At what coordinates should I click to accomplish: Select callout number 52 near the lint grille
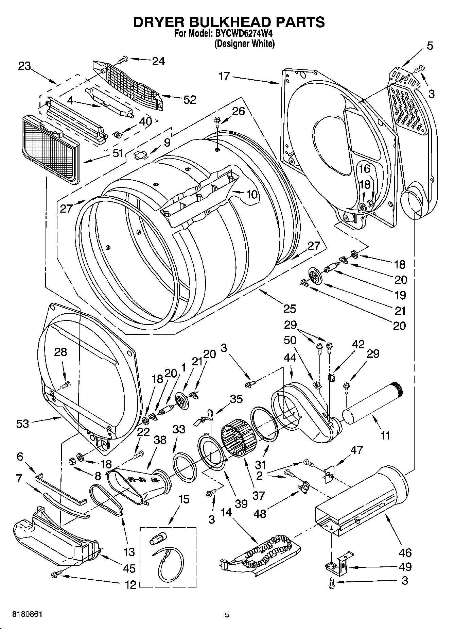(x=190, y=100)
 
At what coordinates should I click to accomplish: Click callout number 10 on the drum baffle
(x=251, y=194)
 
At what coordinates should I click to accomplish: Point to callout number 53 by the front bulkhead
(x=22, y=424)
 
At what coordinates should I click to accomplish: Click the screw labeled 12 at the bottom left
(x=54, y=574)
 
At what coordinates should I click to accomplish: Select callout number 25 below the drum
(x=290, y=309)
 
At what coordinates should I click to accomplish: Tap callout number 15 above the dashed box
(x=183, y=500)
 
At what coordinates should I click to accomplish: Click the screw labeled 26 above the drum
(x=216, y=121)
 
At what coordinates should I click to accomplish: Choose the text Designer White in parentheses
(x=244, y=44)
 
